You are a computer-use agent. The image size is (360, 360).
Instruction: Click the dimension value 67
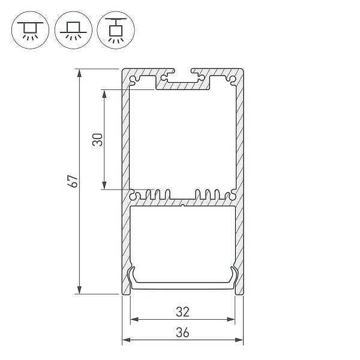click(74, 181)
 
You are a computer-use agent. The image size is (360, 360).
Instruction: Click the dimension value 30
click(97, 140)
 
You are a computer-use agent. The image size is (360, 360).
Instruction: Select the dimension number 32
click(183, 312)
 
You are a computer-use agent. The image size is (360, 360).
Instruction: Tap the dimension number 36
click(183, 332)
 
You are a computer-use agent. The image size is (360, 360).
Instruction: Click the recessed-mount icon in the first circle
click(30, 30)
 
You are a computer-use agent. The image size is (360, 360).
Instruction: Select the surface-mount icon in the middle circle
click(73, 30)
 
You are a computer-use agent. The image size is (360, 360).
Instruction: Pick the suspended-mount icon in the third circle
click(116, 30)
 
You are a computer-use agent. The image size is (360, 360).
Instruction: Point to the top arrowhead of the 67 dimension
click(79, 73)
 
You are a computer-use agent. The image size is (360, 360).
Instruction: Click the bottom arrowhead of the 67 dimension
click(79, 290)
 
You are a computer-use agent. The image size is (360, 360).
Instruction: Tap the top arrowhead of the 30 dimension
click(104, 94)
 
